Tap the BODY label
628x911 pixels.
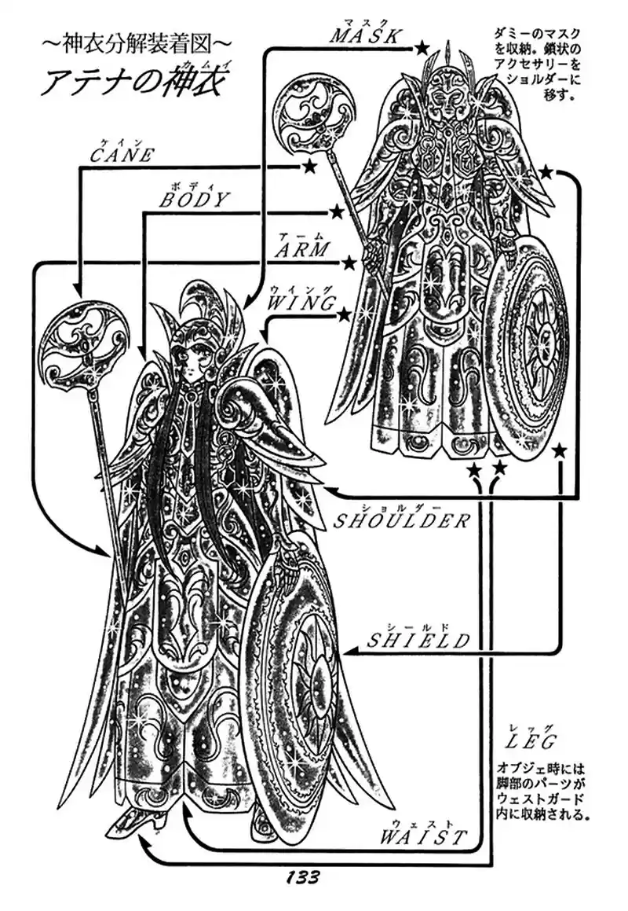click(193, 200)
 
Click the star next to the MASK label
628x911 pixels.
click(422, 49)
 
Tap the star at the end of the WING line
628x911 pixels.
click(344, 315)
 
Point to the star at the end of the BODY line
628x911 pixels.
click(337, 211)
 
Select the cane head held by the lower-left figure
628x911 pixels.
click(80, 343)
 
